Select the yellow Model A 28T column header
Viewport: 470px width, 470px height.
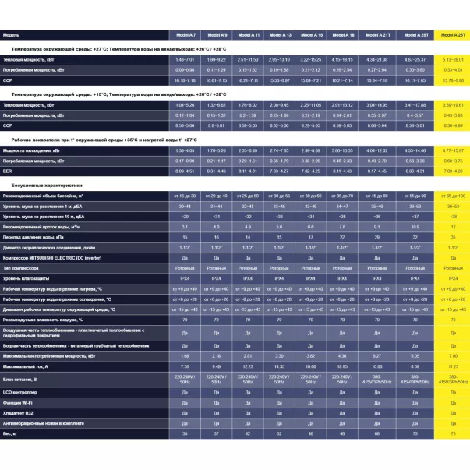(453, 35)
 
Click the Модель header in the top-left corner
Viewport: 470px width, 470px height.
(12, 35)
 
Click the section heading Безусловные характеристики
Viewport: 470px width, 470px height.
(46, 186)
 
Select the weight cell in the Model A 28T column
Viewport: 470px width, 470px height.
(453, 432)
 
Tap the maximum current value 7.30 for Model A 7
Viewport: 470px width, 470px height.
(185, 366)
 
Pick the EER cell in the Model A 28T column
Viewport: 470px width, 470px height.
(453, 170)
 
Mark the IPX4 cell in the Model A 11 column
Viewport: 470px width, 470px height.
(247, 277)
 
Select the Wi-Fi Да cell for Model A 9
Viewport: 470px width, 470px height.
(217, 401)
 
